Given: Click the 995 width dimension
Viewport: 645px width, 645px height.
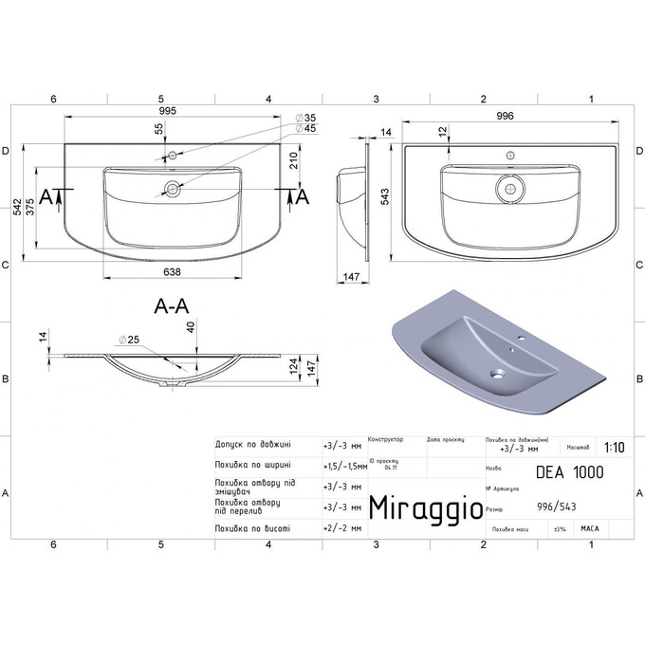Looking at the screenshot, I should coord(172,111).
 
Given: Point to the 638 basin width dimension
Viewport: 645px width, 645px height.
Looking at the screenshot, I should coord(172,271).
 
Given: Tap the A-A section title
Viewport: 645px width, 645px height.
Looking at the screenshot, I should coord(172,305).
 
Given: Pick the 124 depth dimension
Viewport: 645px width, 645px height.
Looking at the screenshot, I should coord(292,364).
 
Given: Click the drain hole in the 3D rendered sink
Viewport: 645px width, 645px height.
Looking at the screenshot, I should coord(494,374).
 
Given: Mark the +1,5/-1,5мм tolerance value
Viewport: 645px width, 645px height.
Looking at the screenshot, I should coord(342,465).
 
